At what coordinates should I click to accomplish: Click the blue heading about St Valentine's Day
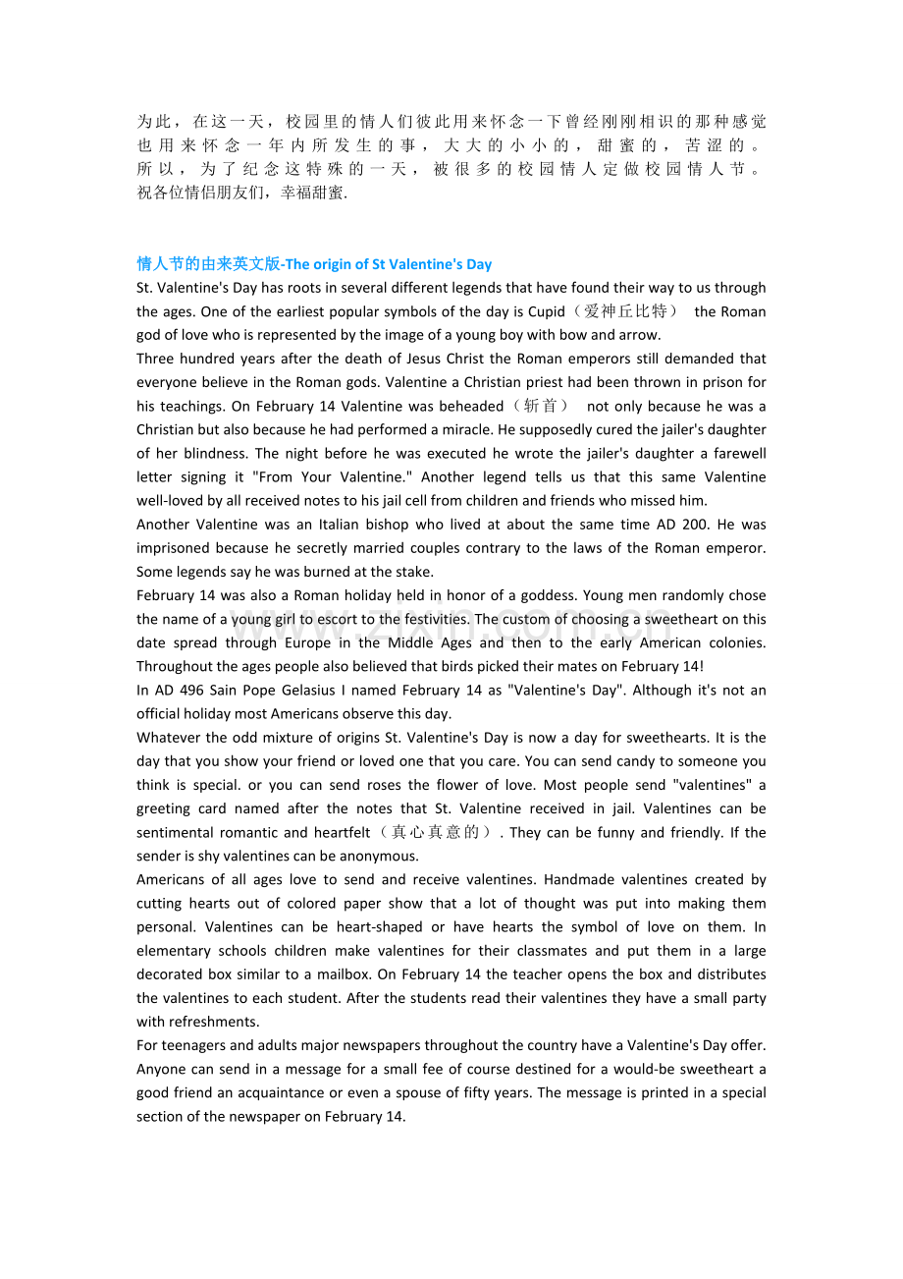pos(314,264)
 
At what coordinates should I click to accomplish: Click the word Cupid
pos(546,311)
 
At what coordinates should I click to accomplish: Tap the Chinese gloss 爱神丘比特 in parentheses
pos(630,311)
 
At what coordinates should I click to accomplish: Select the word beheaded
pos(471,406)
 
